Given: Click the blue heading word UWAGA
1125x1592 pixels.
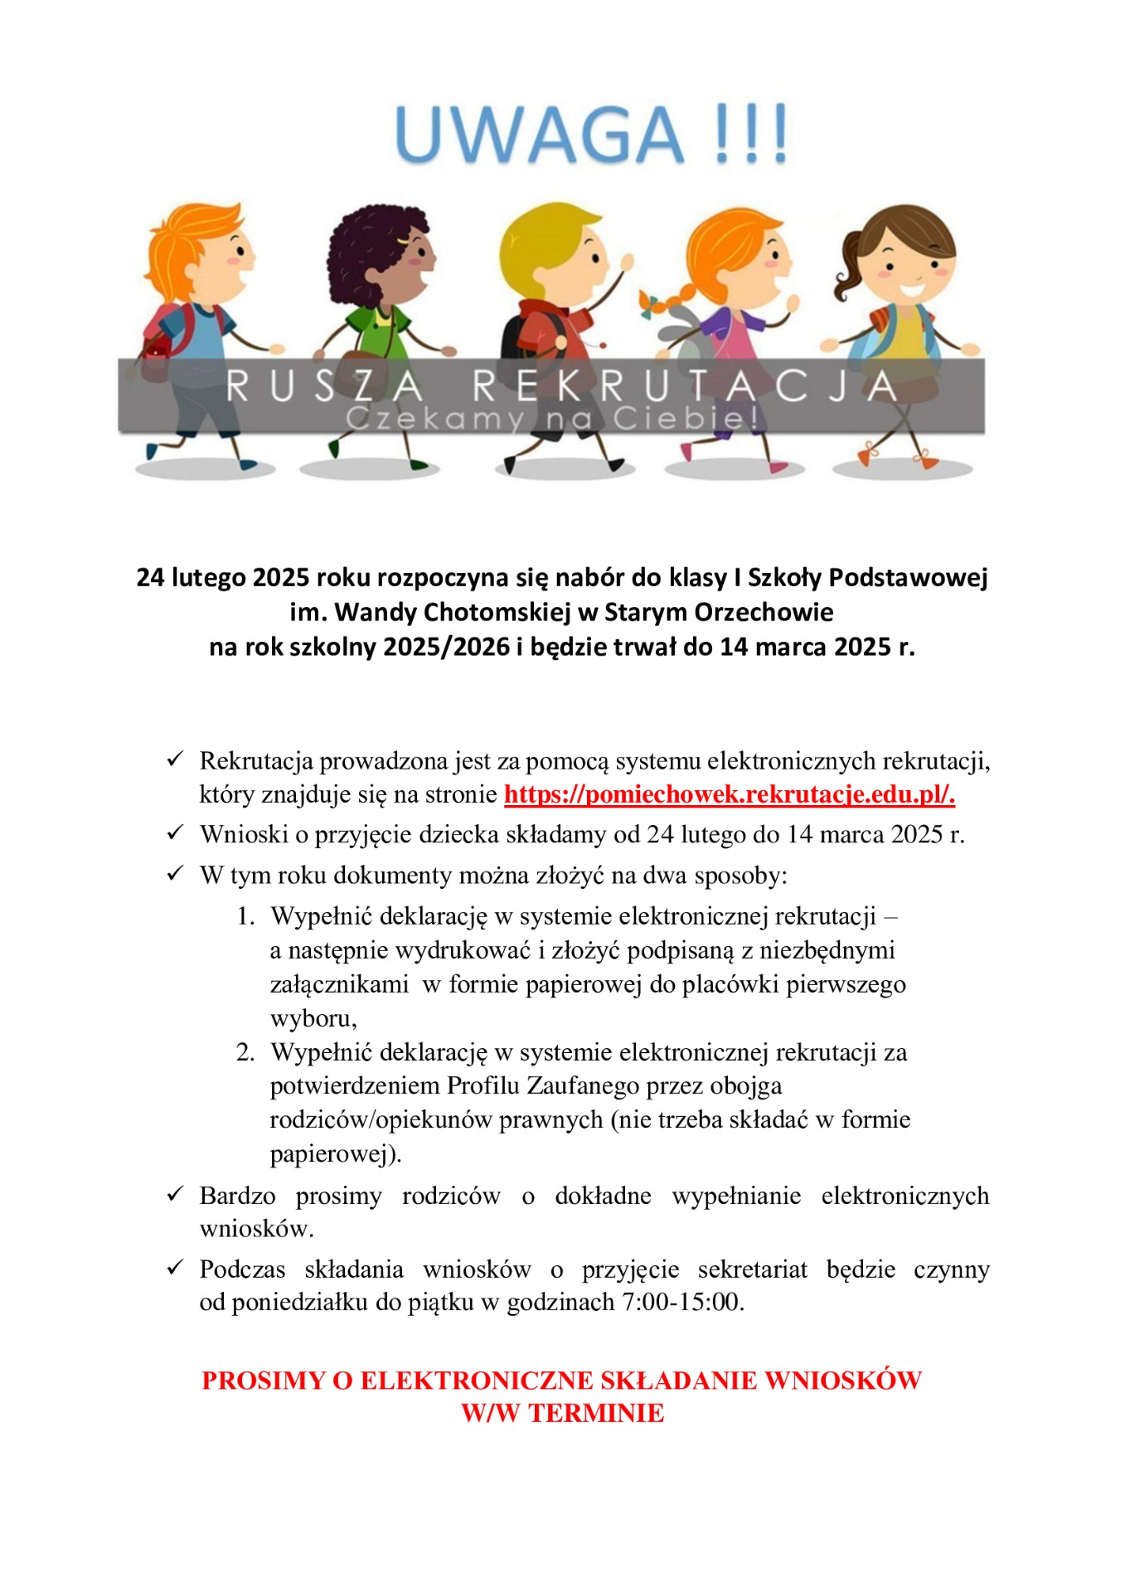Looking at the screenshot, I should (539, 135).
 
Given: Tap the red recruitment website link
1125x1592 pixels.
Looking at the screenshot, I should (729, 794).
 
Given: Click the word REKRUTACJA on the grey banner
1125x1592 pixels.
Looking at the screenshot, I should (685, 386).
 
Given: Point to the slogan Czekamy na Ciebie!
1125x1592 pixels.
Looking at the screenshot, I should (551, 419).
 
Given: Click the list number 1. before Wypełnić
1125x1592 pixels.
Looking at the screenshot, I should (245, 916).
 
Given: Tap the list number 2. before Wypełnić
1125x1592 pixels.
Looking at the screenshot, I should (245, 1052).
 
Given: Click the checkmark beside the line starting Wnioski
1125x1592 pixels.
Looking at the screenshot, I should (175, 832).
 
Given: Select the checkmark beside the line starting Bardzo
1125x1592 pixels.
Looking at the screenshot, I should (175, 1194).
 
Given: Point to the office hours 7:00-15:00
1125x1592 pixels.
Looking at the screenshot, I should (681, 1302).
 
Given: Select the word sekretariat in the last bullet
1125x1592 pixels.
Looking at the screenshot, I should (752, 1269).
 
